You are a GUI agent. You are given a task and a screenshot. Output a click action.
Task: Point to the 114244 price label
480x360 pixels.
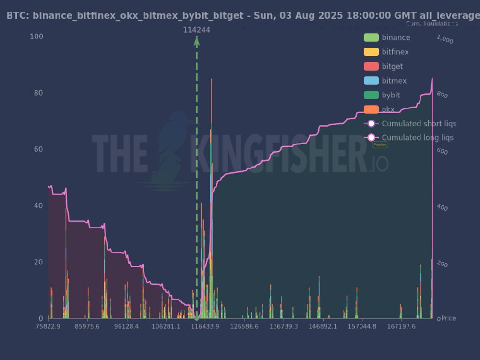(196, 30)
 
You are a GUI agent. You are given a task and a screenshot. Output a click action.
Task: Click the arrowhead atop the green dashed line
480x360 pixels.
(196, 41)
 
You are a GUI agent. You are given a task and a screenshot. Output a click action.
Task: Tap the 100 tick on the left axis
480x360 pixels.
(36, 37)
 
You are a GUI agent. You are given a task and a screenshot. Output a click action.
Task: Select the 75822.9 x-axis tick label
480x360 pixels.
(48, 326)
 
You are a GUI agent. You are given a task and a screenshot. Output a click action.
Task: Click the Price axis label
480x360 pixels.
(448, 318)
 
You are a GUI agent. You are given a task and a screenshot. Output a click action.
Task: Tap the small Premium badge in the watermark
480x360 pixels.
(380, 144)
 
